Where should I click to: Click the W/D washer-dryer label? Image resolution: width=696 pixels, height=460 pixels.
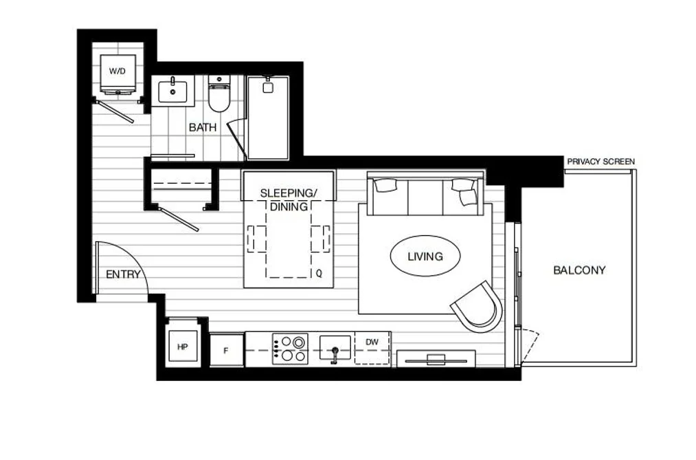[117, 71]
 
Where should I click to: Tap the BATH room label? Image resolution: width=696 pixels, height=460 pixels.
[203, 127]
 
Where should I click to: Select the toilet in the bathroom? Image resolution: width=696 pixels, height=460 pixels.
[219, 94]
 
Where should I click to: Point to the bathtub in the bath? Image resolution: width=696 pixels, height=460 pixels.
[268, 118]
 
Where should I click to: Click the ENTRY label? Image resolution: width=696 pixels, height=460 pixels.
[123, 274]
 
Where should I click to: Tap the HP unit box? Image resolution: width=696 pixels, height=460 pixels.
[183, 347]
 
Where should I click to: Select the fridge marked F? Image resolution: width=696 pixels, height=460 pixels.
[226, 350]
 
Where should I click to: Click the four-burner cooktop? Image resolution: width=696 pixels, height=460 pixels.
[291, 349]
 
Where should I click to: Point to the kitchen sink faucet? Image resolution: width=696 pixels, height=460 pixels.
[334, 355]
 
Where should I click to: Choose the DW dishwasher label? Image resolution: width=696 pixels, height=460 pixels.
[372, 342]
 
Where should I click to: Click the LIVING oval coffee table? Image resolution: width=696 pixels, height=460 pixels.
[425, 256]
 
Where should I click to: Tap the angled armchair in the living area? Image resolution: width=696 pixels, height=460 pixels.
[477, 307]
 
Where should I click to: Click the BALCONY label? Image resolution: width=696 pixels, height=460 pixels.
[579, 270]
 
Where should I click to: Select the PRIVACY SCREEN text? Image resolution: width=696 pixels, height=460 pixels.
[601, 162]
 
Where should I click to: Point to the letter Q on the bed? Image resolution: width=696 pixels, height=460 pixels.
[319, 274]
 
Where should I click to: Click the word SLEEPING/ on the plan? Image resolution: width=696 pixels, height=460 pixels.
[289, 193]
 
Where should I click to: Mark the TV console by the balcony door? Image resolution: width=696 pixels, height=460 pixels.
[436, 359]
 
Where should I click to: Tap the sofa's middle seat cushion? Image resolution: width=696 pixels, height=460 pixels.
[425, 197]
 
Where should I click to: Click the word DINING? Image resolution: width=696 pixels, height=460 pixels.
[289, 206]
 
